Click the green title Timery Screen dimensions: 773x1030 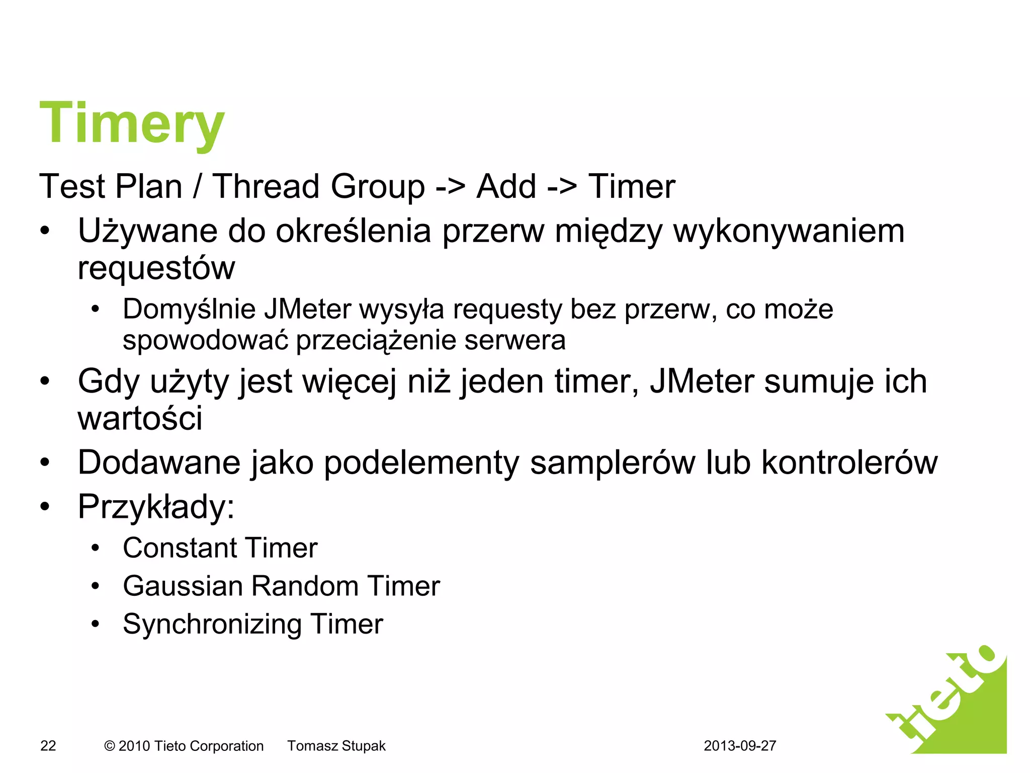pos(132,123)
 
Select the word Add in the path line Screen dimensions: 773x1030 pos(506,187)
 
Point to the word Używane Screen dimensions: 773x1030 pos(147,231)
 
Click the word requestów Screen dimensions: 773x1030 pos(156,269)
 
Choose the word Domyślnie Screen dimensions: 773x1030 pos(189,309)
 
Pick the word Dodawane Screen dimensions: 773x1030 pos(159,462)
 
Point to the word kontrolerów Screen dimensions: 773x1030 pos(849,462)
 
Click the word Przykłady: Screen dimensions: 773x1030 pos(156,507)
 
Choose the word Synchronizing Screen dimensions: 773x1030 pos(212,625)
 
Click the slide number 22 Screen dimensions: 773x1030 pos(48,746)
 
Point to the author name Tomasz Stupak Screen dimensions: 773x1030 pos(336,746)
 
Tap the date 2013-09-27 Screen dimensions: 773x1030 pos(740,746)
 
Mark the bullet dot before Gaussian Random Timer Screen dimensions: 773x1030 pos(96,586)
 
